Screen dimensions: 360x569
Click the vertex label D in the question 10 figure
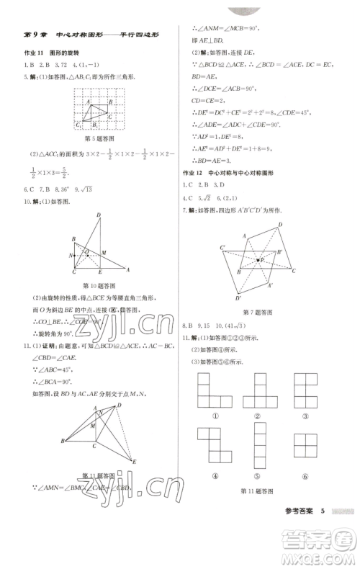98,215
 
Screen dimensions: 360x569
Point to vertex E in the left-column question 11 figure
134,461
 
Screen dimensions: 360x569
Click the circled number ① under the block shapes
211,416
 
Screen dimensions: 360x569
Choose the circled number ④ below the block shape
211,475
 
